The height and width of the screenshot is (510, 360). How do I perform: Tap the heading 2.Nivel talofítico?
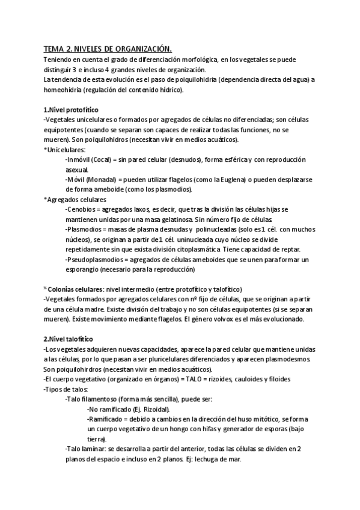click(x=68, y=339)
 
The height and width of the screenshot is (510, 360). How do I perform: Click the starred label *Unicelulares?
click(x=64, y=149)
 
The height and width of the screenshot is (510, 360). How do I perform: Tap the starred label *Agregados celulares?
click(x=75, y=199)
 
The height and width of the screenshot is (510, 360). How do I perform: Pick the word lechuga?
click(x=204, y=458)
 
